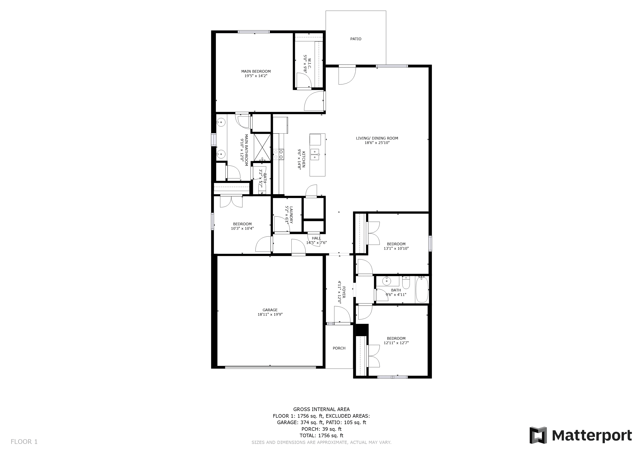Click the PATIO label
point(356,39)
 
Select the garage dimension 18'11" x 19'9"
point(270,314)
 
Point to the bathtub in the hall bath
point(422,289)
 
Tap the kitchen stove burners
point(278,154)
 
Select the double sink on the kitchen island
point(315,154)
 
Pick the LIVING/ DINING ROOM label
point(377,138)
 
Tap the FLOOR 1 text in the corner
point(24,442)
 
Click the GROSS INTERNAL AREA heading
point(321,409)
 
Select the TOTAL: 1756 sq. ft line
point(321,436)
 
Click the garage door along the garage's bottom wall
point(270,367)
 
